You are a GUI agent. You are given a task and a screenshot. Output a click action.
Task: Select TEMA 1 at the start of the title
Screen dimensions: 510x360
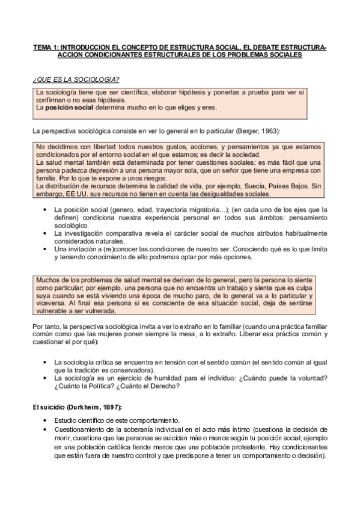(x=44, y=46)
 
